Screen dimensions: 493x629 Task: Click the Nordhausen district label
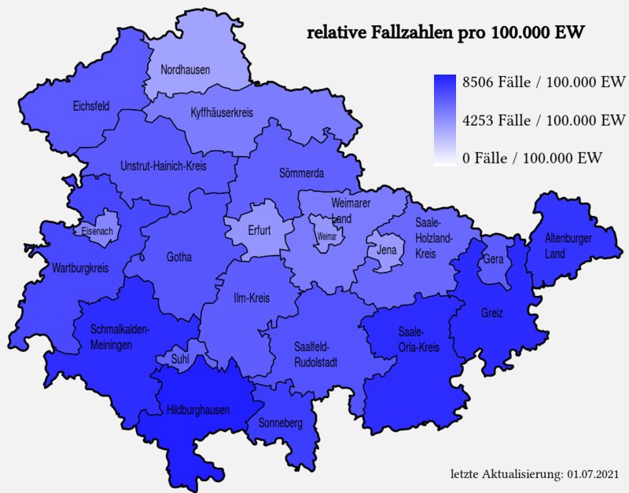coord(186,70)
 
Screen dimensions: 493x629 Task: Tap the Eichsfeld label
coord(90,106)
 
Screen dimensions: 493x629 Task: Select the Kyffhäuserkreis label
coord(222,113)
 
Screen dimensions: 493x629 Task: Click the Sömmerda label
coord(302,173)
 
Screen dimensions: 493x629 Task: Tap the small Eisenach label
coord(97,232)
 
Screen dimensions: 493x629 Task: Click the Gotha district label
coord(179,257)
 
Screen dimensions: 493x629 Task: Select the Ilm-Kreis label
coord(252,299)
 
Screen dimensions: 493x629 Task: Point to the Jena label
coord(387,250)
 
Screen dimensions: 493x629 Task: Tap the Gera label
coord(494,259)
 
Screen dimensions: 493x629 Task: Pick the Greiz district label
coord(492,313)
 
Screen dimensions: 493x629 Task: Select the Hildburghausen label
coord(198,410)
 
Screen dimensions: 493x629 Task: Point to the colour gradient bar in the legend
coord(446,120)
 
